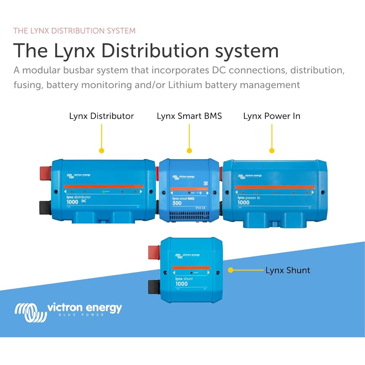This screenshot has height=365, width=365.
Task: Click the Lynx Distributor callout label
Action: [101, 116]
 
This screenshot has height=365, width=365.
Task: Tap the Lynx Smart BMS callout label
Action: [189, 116]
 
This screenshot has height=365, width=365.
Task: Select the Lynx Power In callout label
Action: [272, 116]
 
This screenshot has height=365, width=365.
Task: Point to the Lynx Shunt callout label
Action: [288, 270]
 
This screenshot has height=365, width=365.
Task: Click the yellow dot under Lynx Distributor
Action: [101, 150]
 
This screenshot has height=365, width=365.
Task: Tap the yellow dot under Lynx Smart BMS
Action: [189, 150]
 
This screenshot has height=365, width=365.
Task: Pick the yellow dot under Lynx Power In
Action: [272, 150]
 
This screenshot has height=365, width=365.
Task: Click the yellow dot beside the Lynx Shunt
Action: [230, 270]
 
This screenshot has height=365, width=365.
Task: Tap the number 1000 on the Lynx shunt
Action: [181, 284]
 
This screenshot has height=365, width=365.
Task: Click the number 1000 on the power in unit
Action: [243, 203]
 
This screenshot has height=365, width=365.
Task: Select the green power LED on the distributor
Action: [104, 191]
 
